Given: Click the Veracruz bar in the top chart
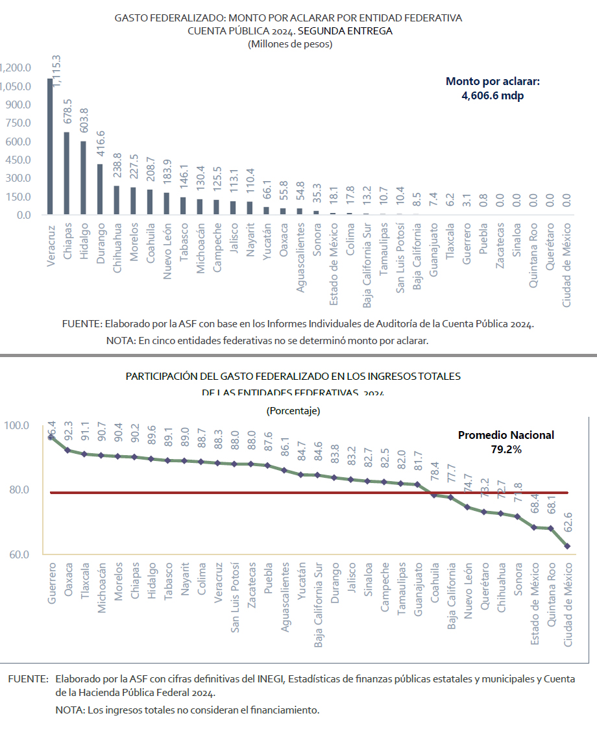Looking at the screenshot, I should click(x=50, y=147).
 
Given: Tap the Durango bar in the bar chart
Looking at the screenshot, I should click(x=100, y=189).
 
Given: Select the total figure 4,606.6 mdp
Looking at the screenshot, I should click(x=493, y=95).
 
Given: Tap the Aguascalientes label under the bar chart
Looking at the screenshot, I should click(x=300, y=258).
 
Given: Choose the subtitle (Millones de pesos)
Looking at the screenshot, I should click(x=289, y=44).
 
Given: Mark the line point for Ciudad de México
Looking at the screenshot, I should click(x=568, y=546).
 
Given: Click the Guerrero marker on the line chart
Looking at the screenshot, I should click(x=51, y=437).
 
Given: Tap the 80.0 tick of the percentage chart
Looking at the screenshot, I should click(x=17, y=490).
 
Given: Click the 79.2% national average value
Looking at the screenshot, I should click(x=506, y=448).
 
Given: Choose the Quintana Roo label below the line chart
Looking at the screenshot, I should click(x=551, y=596).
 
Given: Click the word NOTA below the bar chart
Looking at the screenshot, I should click(x=119, y=340).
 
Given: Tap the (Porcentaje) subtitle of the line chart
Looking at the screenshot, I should click(x=293, y=411).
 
